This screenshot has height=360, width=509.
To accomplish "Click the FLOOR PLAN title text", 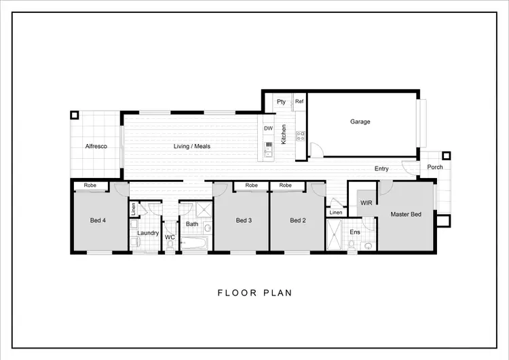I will point(254,293).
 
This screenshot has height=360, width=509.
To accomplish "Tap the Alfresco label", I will point(96,147).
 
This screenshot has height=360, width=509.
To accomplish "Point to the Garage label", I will point(360,122).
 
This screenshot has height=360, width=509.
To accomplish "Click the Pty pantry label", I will point(281,102).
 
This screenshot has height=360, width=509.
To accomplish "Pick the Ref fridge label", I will point(299,102).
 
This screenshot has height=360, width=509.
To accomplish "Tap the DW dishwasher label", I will point(268,128).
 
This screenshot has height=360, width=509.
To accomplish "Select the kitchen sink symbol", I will point(269,147).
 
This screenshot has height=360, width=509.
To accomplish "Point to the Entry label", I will point(381,168).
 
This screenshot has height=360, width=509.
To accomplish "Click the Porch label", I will point(434,167).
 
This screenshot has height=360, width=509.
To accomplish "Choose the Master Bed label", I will point(406,215).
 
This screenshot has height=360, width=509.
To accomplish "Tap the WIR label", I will point(366,203).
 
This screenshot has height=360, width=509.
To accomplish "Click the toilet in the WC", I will point(170,247).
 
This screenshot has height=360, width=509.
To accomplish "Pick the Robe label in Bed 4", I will point(90,185).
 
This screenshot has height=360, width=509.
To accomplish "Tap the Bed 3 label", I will point(244,220).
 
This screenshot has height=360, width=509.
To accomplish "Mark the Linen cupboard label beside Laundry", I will point(134,209).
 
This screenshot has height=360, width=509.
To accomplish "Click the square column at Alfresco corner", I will point(74,115).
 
